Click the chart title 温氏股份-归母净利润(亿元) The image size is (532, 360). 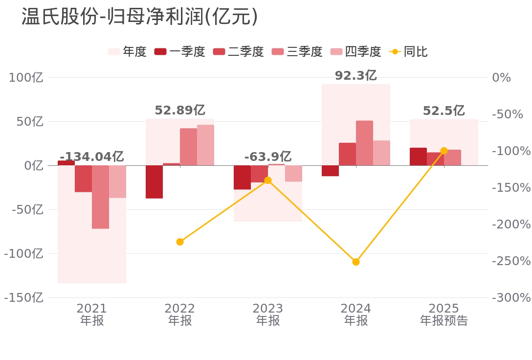139,17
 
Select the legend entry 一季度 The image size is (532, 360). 180,51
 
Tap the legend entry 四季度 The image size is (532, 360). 356,51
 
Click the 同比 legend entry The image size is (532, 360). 409,51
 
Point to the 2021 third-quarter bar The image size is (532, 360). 100,197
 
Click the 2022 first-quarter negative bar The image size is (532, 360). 154,181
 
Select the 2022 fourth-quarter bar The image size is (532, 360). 205,145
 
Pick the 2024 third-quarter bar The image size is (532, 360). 364,143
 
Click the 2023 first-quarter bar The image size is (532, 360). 242,177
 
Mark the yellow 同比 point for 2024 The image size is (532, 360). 356,262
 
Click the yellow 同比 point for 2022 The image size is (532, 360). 180,242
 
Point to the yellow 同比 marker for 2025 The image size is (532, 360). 444,151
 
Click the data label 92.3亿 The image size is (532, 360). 355,76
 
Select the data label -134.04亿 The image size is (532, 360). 91,157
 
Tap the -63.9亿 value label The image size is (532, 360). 267,157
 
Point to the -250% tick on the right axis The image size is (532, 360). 510,261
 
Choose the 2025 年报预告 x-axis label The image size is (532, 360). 444,315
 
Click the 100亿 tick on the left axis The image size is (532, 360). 26,77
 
